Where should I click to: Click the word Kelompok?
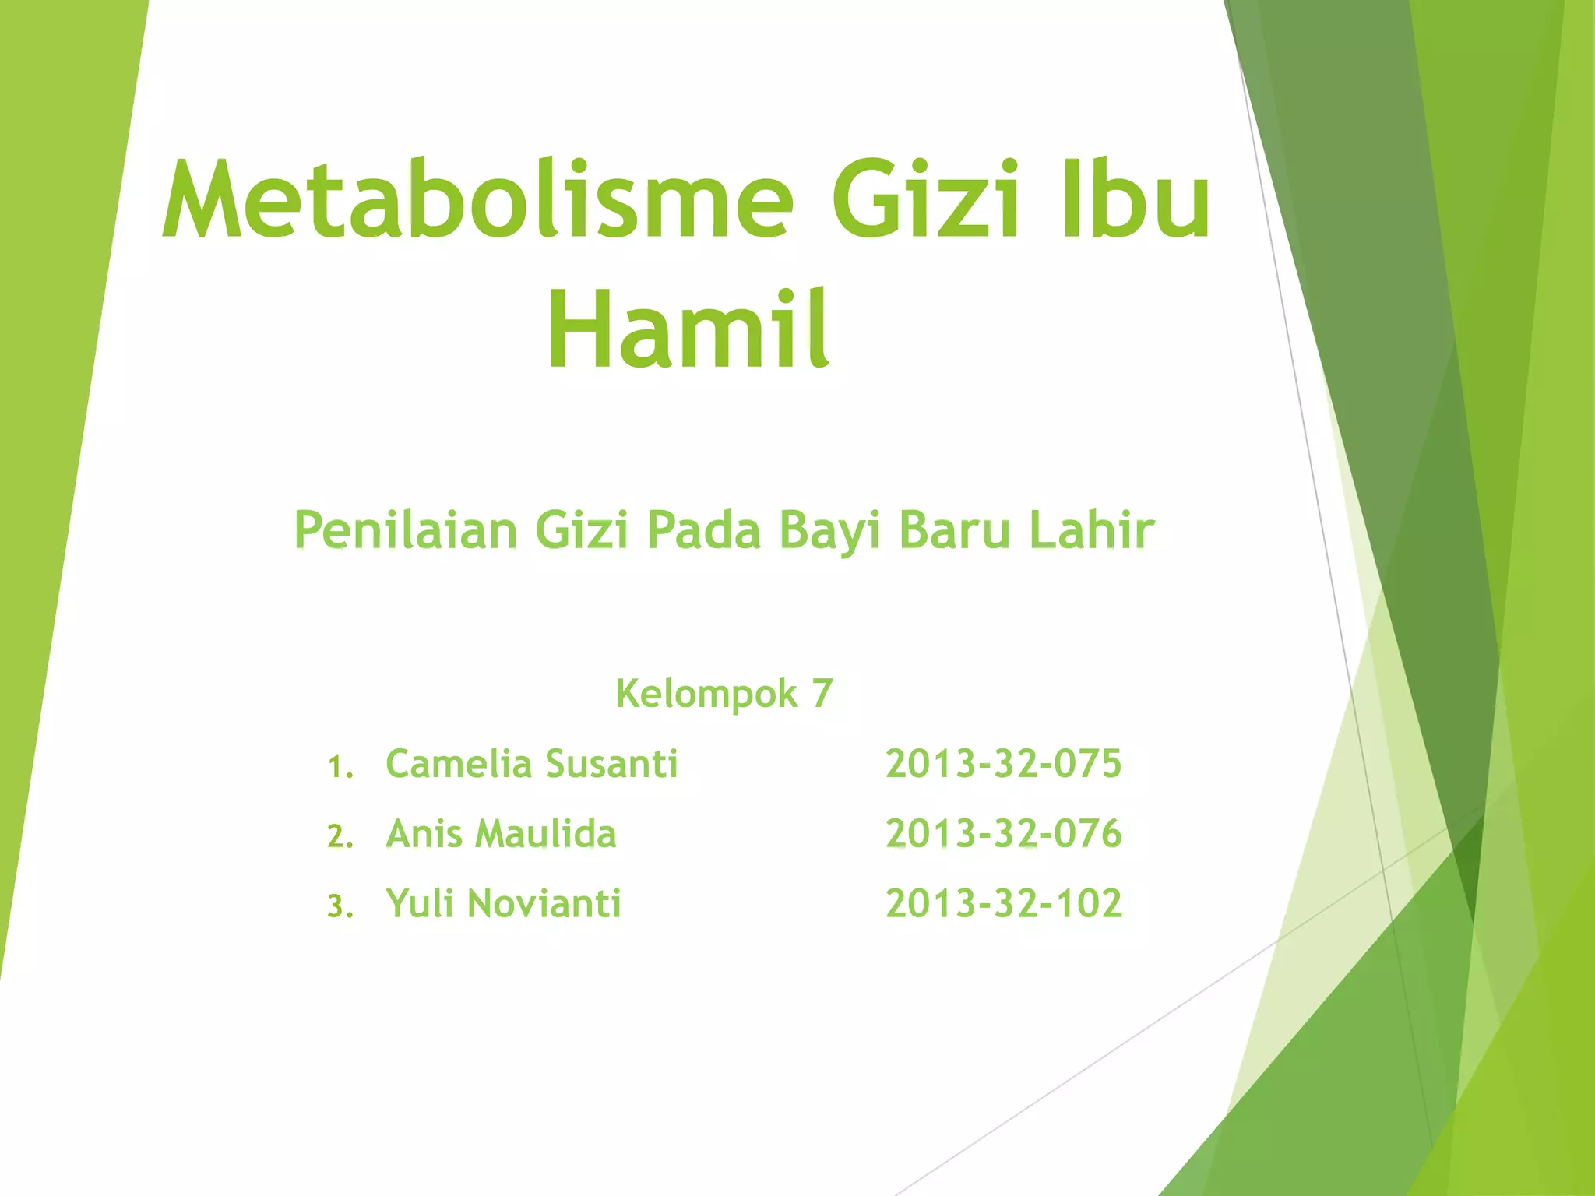coord(706,693)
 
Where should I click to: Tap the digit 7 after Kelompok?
coord(822,693)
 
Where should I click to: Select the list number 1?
coord(339,767)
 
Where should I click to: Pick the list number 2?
coord(340,837)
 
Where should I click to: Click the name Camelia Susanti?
coord(532,764)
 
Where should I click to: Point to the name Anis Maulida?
coord(502,834)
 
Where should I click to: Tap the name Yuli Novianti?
coord(504,904)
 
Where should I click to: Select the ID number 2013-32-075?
coord(1004,764)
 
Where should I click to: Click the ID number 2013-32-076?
coord(1004,834)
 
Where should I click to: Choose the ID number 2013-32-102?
coord(1004,904)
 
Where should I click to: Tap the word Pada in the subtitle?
coord(704,531)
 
